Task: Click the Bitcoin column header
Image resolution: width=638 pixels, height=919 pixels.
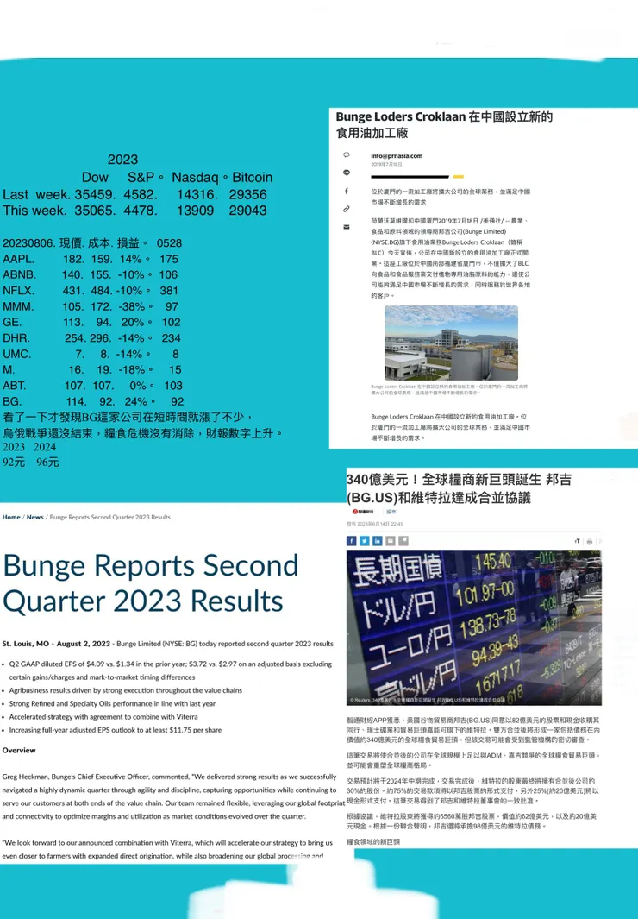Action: pos(252,177)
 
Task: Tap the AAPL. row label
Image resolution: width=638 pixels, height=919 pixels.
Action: pos(19,259)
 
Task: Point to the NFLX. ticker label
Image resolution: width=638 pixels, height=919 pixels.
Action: pos(18,291)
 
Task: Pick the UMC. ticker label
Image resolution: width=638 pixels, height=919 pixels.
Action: pos(17,354)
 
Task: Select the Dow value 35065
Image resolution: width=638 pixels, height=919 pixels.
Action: pos(94,210)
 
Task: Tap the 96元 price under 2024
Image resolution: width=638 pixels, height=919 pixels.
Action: pos(47,463)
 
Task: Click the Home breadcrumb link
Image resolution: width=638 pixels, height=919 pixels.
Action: pos(11,517)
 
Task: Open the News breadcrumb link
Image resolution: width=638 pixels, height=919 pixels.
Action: pos(34,517)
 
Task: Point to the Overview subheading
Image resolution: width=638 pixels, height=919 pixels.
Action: pos(19,751)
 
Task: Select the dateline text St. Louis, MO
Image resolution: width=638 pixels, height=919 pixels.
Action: pos(28,644)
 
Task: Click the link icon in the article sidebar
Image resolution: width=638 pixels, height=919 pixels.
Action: pos(347,208)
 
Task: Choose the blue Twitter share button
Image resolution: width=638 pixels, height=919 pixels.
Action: pos(365,541)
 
